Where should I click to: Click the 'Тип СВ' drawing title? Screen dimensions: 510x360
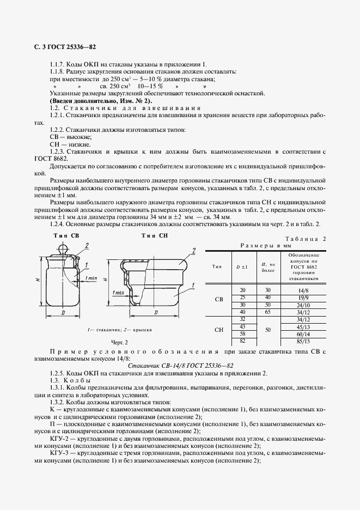tap(66, 235)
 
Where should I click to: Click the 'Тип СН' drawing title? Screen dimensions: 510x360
tap(155, 235)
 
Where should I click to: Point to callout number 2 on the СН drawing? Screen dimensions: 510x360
tap(193, 251)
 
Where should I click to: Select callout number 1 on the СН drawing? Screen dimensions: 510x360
tap(193, 285)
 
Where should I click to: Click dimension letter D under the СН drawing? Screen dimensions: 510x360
tap(156, 313)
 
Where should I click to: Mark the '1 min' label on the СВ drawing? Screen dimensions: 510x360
tap(91, 278)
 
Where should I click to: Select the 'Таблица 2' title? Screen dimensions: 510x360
tap(305, 239)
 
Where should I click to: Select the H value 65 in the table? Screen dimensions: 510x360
tap(267, 312)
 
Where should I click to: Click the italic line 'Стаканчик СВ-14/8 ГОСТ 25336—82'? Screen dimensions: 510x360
tap(180, 366)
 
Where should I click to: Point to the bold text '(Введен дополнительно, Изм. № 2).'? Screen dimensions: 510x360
tap(101, 101)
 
